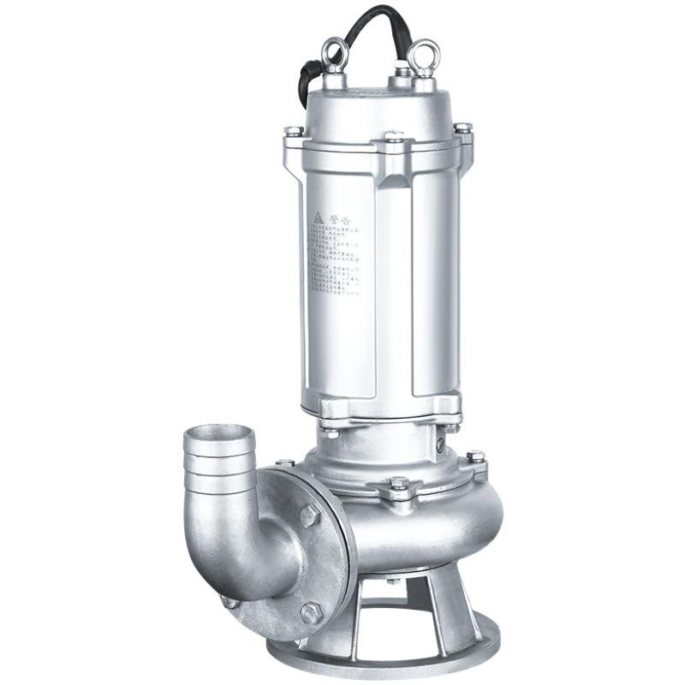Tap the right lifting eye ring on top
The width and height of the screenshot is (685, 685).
click(423, 56)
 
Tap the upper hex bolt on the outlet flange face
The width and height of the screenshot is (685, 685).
click(309, 515)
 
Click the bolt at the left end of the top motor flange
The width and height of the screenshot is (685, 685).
click(293, 133)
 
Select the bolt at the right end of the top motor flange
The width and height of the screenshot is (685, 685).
click(462, 129)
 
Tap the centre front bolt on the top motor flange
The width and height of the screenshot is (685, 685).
click(394, 137)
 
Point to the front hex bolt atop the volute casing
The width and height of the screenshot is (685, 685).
click(399, 485)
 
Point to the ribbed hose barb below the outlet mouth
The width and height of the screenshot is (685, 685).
click(220, 476)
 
